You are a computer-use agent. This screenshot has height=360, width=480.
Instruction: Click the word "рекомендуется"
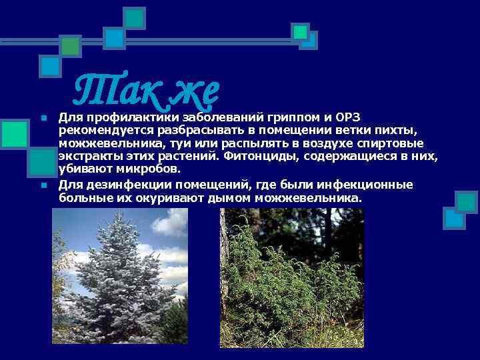(x=100, y=131)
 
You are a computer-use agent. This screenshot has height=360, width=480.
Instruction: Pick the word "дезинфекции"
(x=117, y=185)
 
